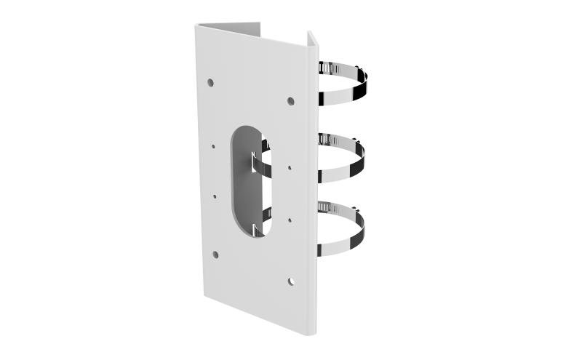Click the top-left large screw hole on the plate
tap(210, 83)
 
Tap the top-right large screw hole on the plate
tap(290, 101)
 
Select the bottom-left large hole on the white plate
tap(215, 254)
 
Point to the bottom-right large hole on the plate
tap(290, 280)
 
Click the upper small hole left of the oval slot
tap(213, 145)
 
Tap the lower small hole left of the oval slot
tap(215, 195)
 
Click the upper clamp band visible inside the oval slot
tap(261, 164)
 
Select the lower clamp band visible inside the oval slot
tap(260, 221)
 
